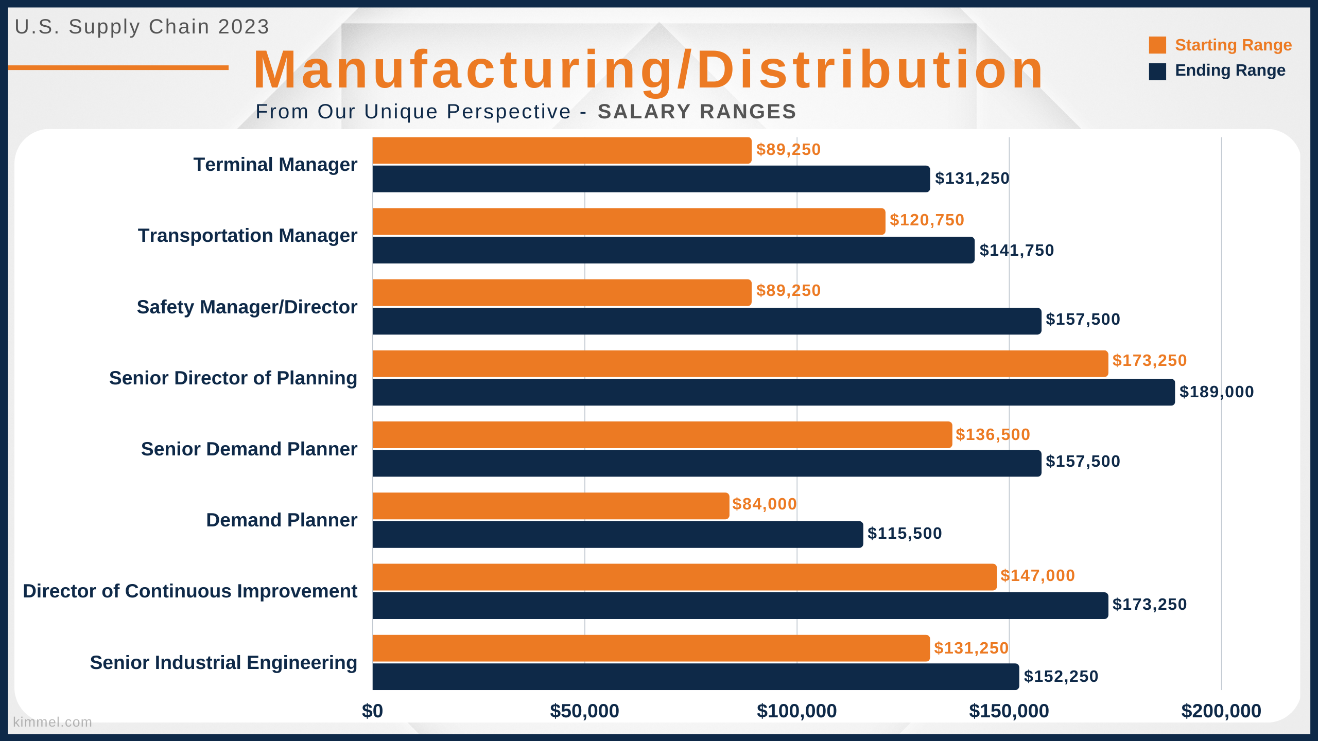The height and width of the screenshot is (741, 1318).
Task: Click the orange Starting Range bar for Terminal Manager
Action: point(562,150)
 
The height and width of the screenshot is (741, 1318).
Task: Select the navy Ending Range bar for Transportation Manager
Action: point(673,250)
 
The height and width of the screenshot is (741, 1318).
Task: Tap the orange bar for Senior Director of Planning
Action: point(740,364)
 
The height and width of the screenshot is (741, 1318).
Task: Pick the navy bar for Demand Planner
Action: point(618,535)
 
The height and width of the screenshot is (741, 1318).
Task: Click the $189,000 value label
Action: point(1217,392)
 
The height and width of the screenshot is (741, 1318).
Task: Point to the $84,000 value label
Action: point(765,504)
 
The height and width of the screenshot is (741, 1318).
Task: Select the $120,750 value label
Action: point(927,220)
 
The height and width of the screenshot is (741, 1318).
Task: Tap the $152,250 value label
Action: point(1061,676)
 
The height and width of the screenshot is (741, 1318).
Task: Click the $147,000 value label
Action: point(1037,575)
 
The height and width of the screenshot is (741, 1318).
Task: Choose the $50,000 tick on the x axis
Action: point(584,711)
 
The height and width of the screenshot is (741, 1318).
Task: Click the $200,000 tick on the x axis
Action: point(1221,711)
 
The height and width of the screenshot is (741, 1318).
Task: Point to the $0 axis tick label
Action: point(372,711)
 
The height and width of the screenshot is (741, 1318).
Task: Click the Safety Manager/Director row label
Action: point(247,307)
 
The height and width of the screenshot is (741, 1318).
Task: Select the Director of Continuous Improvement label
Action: point(190,591)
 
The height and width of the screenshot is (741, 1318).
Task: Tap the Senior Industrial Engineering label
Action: point(223,663)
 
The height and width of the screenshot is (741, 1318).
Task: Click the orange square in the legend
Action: point(1157,45)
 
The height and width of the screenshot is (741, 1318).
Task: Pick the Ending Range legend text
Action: point(1230,70)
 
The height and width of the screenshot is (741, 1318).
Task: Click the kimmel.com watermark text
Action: point(53,722)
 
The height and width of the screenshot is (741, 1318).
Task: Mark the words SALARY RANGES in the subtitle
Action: point(697,112)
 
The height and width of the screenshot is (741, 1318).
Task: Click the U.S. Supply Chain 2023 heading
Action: point(142,27)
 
